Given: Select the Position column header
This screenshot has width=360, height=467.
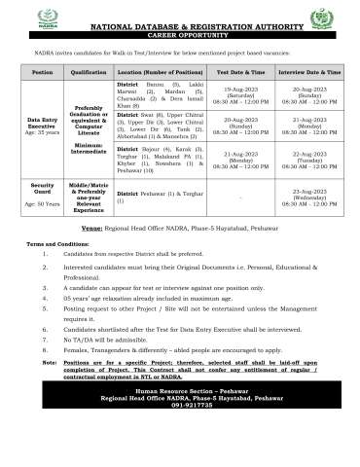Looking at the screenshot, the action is point(42,72).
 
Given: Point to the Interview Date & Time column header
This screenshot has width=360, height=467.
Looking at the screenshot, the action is point(309,72).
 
